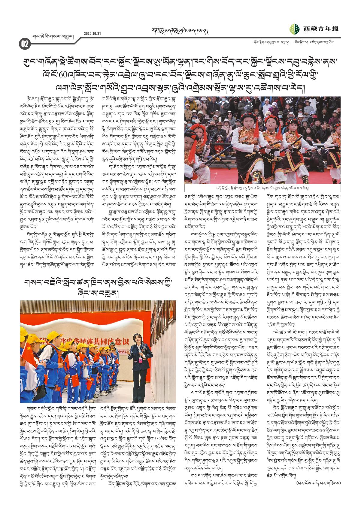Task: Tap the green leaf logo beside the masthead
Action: click(294, 29)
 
